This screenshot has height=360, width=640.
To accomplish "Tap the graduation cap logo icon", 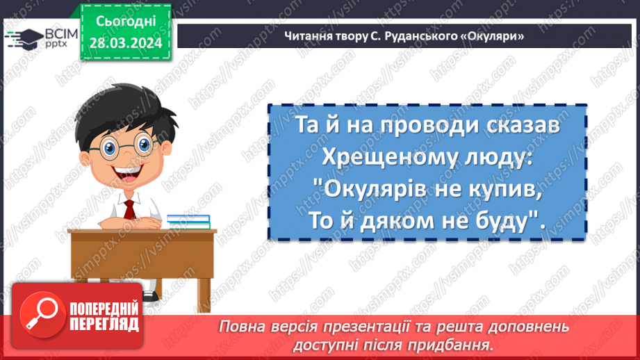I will tap(22, 39).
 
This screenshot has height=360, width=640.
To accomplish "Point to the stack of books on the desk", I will tap(188, 220).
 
